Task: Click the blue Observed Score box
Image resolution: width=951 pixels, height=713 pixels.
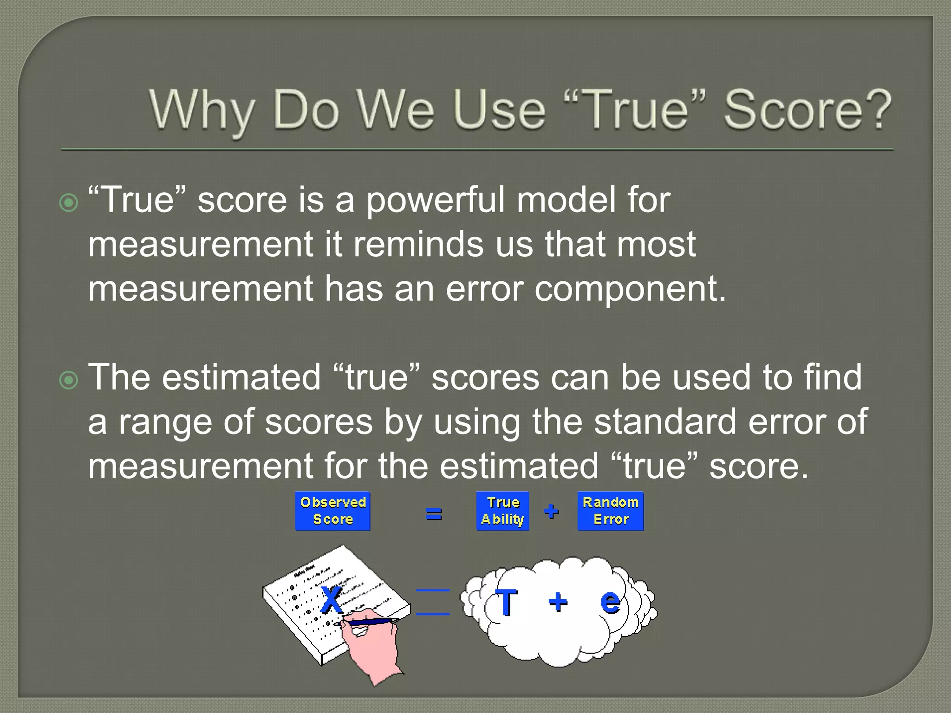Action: click(332, 511)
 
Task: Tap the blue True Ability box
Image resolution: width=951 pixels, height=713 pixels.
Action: click(502, 511)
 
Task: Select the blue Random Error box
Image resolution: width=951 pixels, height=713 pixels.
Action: click(610, 511)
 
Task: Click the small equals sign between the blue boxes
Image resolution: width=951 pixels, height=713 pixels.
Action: click(434, 513)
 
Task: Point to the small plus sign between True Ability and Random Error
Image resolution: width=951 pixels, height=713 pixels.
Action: click(551, 511)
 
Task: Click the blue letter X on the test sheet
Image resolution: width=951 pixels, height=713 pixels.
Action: click(332, 599)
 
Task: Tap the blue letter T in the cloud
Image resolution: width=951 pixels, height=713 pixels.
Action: click(506, 602)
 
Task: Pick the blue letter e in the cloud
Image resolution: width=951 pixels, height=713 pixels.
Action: click(610, 602)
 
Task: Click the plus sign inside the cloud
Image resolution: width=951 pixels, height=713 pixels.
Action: click(558, 603)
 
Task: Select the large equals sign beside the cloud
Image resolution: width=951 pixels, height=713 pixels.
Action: click(432, 602)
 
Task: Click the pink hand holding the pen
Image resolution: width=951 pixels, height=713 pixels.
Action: click(374, 645)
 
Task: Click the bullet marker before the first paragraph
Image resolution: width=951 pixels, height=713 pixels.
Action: click(69, 203)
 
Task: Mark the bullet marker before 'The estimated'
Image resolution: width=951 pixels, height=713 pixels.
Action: click(69, 381)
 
